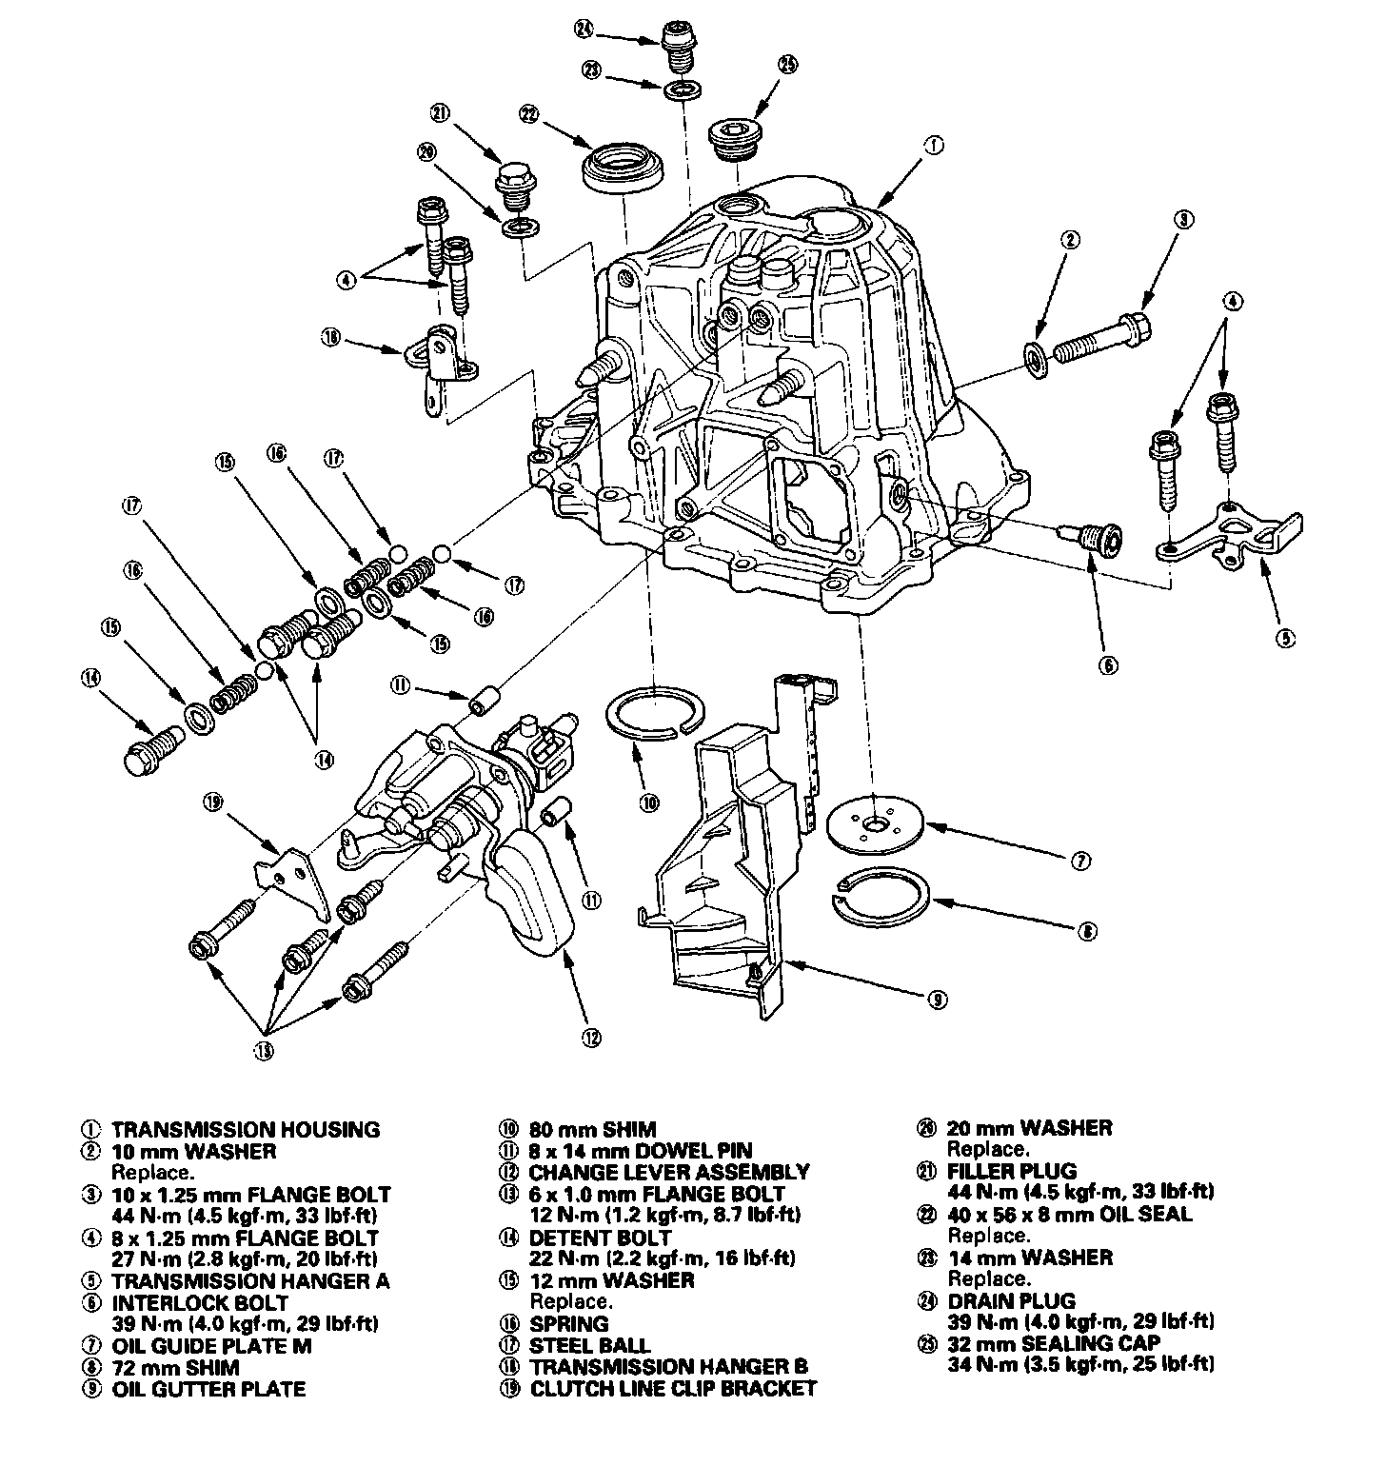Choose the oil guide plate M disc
[875, 820]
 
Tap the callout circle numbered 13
[264, 1051]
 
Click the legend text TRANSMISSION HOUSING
[246, 1130]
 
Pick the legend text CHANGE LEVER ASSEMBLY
[669, 1172]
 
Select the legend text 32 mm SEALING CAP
[1054, 1343]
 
